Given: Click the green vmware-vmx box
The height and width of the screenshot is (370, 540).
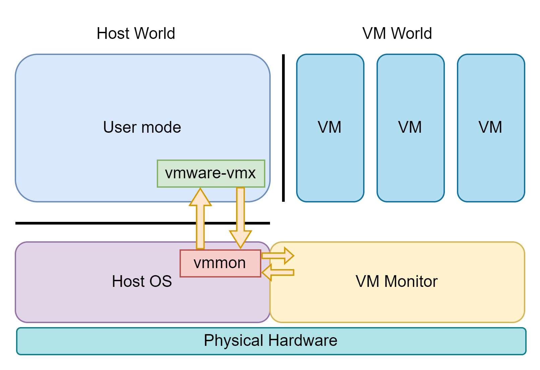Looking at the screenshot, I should (211, 174).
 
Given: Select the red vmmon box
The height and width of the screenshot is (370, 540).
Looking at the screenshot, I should (220, 263).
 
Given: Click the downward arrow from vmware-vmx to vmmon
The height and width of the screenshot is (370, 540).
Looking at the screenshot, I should (241, 214).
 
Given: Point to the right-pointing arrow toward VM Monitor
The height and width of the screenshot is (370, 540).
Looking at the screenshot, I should (278, 256).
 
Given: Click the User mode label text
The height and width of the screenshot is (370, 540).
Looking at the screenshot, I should (142, 127).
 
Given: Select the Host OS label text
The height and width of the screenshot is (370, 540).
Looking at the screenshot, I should (142, 281).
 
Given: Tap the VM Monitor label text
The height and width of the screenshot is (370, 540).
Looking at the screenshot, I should (397, 281).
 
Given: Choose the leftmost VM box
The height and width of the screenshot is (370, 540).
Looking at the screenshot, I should (330, 128).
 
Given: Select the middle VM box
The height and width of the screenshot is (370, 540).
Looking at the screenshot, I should (410, 128).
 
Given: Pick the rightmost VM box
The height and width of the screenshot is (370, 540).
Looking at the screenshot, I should (491, 128).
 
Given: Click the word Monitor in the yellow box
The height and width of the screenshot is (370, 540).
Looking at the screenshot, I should (411, 281).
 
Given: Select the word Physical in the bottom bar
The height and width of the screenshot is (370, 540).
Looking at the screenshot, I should (233, 341).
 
